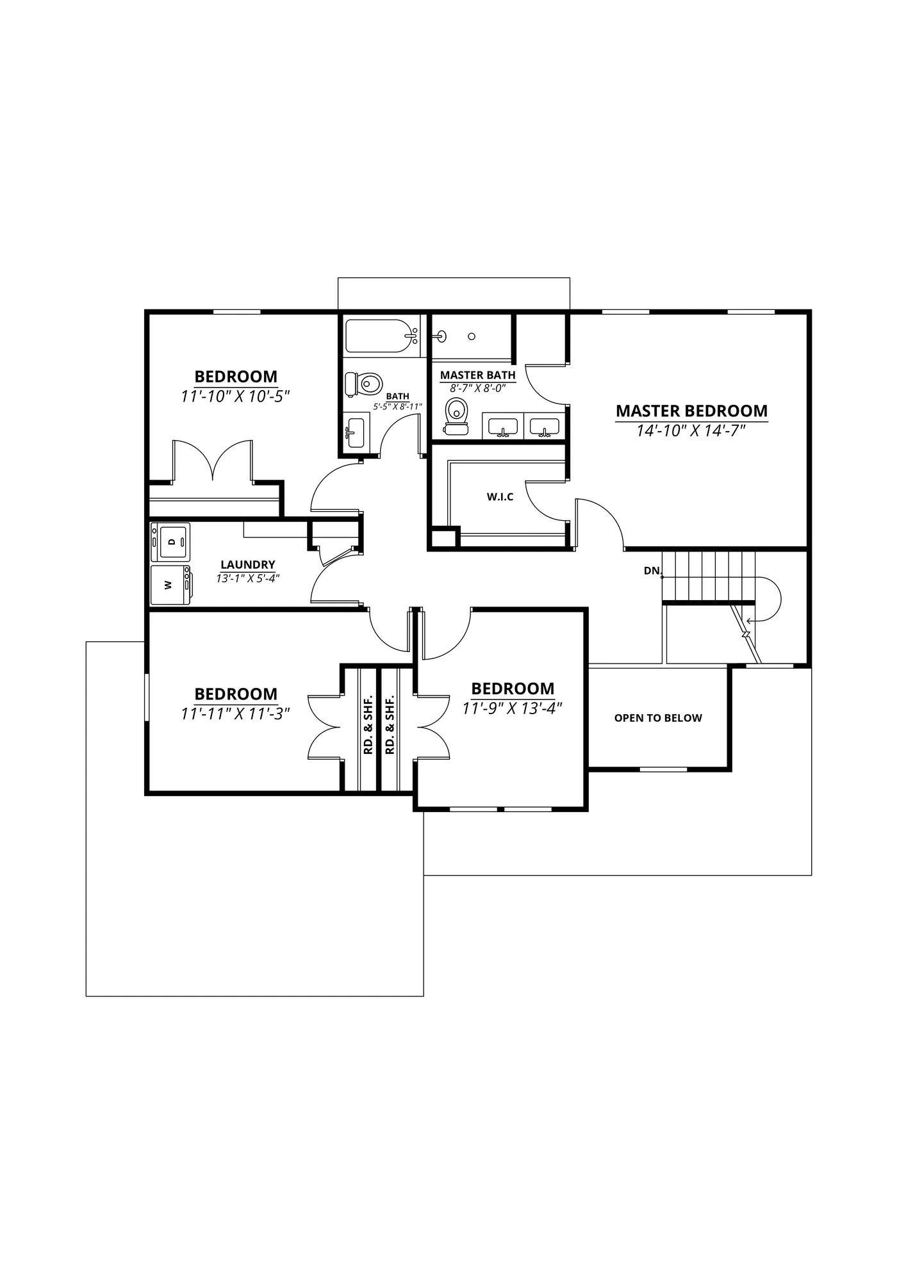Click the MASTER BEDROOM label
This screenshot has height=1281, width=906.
pos(691,411)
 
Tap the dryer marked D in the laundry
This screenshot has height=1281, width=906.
pos(170,542)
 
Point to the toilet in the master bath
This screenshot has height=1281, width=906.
pos(456,416)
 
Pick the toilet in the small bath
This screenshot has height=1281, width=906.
pos(363,384)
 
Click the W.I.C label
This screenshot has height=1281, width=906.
pos(500,496)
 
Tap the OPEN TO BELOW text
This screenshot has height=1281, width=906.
pos(658,718)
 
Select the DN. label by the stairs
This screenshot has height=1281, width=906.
pos(653,570)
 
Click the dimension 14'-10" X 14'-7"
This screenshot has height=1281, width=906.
pos(691,430)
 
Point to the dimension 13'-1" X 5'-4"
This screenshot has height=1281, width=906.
pos(248,578)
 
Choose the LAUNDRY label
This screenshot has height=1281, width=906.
pos(248,564)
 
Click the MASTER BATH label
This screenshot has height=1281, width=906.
pos(478,375)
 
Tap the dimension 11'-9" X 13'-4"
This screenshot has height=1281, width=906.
pos(513,708)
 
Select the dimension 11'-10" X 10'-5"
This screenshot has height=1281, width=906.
pos(236,396)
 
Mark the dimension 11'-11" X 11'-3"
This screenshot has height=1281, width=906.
pos(236,713)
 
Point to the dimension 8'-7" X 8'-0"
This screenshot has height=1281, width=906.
pos(478,388)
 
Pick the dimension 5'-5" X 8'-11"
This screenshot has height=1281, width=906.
pos(398,406)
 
